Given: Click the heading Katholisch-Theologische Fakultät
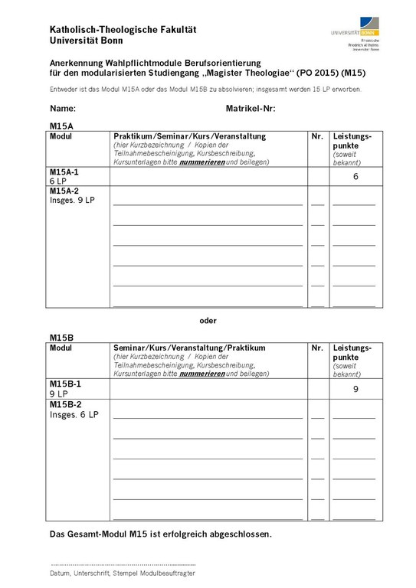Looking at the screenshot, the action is tap(123, 29).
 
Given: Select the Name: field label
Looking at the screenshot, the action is tap(63, 109).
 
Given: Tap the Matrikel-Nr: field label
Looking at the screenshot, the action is tap(251, 109).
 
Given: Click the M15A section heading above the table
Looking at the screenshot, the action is tap(61, 125).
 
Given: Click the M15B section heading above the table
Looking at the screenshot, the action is tap(61, 337).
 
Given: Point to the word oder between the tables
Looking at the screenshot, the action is tap(208, 320).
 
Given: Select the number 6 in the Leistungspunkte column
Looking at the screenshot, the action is tap(355, 177).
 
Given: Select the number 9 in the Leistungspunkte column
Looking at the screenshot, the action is tap(355, 389).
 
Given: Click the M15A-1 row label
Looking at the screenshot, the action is tap(64, 173).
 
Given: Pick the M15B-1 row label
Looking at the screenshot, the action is tap(64, 384).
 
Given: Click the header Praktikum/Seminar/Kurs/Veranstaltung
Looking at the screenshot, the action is tap(189, 136).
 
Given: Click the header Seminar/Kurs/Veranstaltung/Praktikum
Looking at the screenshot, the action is tap(189, 348).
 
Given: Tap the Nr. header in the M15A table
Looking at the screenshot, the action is tap(317, 136).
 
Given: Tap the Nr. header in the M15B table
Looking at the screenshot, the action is tap(317, 348).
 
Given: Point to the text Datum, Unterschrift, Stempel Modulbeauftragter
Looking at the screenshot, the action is tap(122, 573).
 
